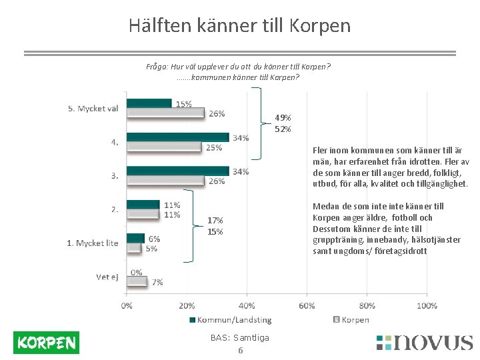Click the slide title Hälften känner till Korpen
click(239, 25)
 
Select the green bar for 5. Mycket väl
click(149, 103)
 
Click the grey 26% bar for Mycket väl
click(165, 113)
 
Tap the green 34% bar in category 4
click(177, 137)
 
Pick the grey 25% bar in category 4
click(164, 147)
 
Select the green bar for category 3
click(177, 171)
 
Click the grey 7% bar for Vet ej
click(137, 281)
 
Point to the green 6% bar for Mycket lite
click(135, 238)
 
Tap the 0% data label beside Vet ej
click(137, 272)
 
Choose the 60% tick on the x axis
click(307, 305)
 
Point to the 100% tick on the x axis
click(427, 305)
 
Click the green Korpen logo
click(46, 343)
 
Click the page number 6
click(240, 351)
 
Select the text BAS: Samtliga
click(239, 338)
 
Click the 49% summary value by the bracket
click(283, 117)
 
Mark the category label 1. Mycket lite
click(92, 243)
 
